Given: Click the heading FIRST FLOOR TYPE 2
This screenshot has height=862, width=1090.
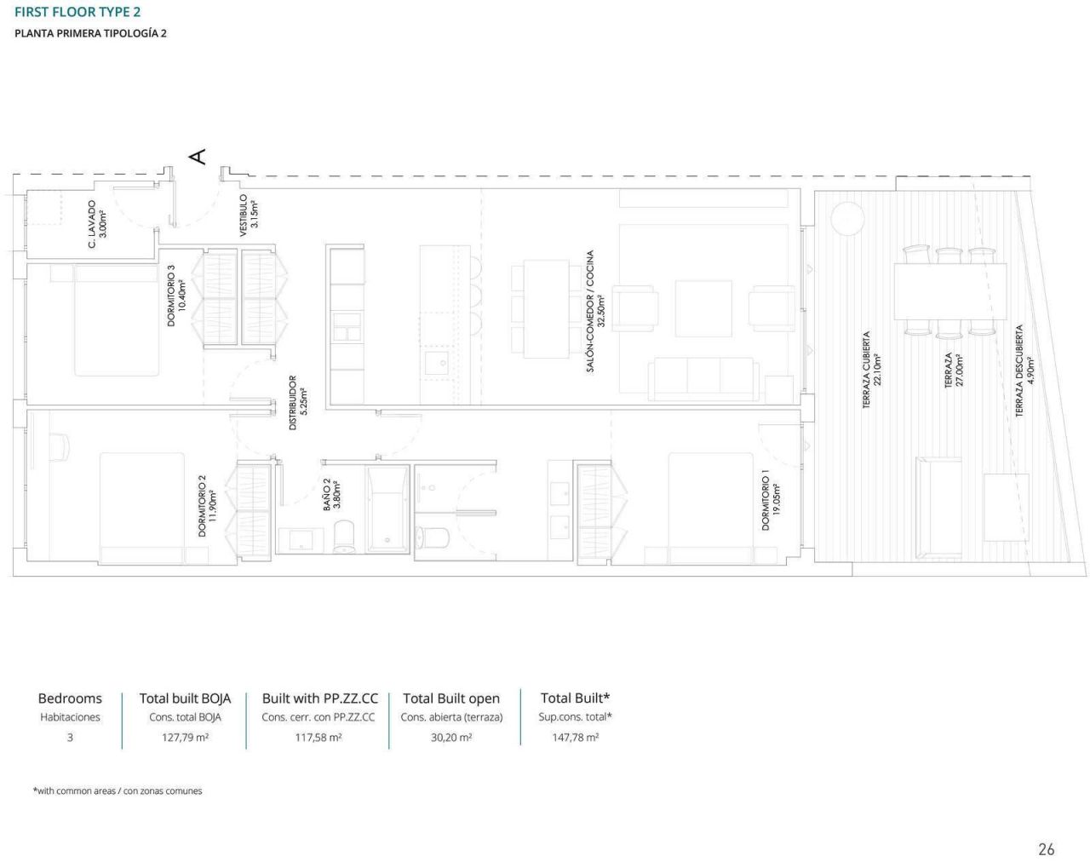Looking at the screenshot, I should click(77, 12).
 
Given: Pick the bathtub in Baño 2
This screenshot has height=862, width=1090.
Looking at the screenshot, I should click(387, 509).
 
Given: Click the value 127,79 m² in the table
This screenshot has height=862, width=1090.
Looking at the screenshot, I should click(185, 738).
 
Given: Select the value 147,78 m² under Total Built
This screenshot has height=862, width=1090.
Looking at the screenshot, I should click(575, 738).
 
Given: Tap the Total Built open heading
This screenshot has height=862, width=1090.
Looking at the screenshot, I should click(451, 698).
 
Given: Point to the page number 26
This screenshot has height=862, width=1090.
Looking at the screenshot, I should click(1046, 848).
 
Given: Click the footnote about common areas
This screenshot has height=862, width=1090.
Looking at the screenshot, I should click(118, 791).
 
